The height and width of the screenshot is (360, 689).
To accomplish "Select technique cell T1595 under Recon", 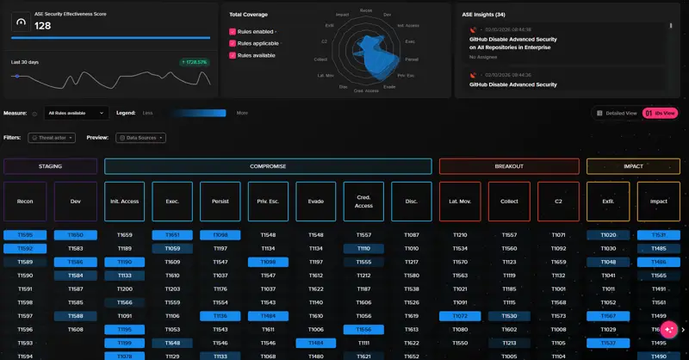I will (x=25, y=235).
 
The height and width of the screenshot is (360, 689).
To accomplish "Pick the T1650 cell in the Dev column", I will (x=76, y=235).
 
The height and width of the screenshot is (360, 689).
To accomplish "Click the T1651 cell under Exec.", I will (x=172, y=235).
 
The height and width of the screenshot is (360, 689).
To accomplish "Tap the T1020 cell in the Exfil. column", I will (x=608, y=235).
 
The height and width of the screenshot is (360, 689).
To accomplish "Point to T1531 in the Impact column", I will (x=659, y=235).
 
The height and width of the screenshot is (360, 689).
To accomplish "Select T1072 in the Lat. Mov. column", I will (x=460, y=316).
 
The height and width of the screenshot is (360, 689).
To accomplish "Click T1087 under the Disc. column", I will (x=412, y=235).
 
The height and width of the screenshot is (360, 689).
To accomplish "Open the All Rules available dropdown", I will (x=77, y=113).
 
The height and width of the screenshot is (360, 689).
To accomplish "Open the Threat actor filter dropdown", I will (x=52, y=138).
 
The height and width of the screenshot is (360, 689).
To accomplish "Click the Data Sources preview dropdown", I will (x=140, y=138).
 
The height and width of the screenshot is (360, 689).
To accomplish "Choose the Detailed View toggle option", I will (x=617, y=113).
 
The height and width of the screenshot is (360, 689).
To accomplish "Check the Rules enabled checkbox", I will (x=233, y=32).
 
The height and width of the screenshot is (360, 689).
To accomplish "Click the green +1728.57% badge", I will (x=195, y=62).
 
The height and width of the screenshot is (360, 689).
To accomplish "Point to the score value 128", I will (x=44, y=26).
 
